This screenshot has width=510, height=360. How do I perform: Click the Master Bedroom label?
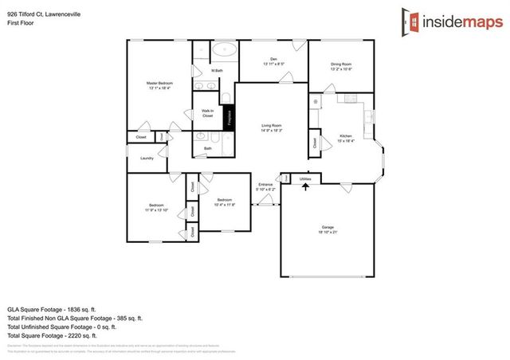[x=159, y=84]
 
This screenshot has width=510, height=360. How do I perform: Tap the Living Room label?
[x=273, y=126]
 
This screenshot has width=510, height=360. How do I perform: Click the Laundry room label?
[x=147, y=158]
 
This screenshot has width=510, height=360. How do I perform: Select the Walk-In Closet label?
[x=207, y=114]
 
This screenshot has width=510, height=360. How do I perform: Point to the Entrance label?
[x=265, y=185]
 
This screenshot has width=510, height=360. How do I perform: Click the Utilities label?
[x=305, y=179]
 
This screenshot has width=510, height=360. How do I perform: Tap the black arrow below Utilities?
[x=305, y=187]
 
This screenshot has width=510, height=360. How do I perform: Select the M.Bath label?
[x=216, y=72]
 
